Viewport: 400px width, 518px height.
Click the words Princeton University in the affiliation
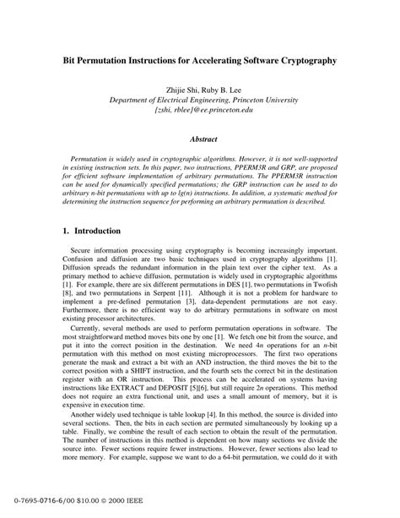279,98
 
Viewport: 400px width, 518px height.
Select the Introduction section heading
99,231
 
